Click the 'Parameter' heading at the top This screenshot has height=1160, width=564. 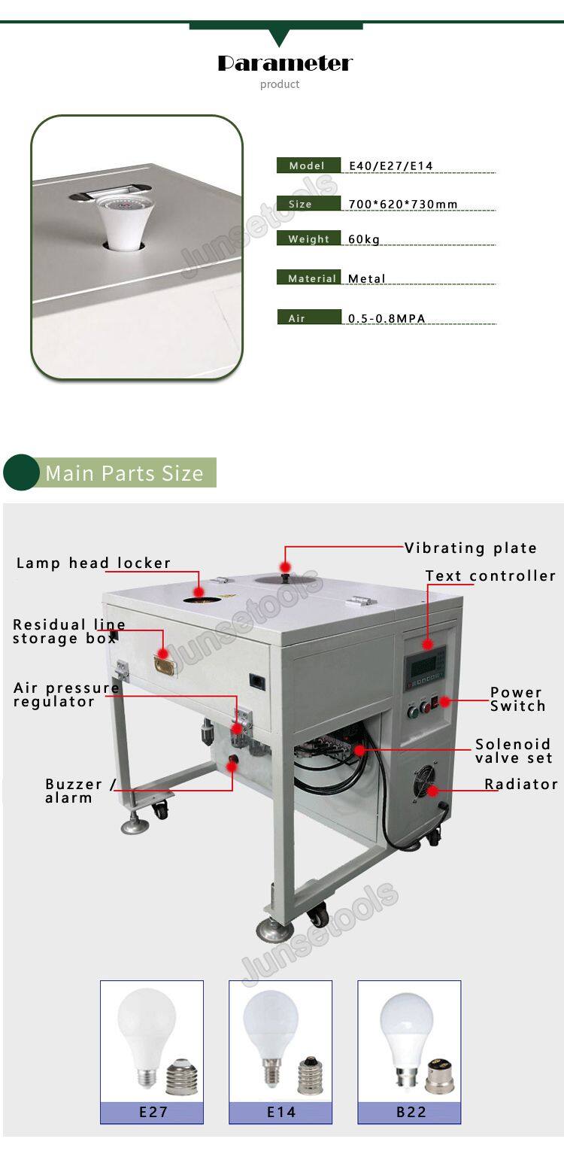point(284,63)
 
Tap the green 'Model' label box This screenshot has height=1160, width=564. point(308,165)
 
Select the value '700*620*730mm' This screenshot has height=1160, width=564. point(403,204)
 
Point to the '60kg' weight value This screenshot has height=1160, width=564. point(364,239)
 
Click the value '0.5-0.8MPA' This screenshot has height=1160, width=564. point(387,318)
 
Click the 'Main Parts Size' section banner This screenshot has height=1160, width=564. point(124,473)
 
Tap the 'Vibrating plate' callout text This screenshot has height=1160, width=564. point(471,548)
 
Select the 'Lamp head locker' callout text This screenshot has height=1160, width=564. point(93,563)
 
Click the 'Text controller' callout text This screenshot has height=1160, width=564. point(490,575)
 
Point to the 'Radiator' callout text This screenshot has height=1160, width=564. point(520,784)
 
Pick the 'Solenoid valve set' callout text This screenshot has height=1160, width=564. point(514,751)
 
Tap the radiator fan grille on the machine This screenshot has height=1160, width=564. point(429,785)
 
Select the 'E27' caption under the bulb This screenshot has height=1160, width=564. point(153,1111)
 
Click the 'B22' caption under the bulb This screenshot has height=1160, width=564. point(411,1111)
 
